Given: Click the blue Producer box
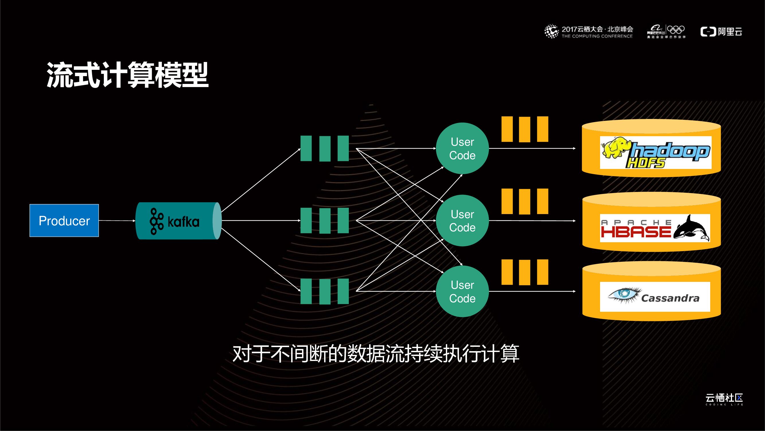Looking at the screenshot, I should tap(64, 220).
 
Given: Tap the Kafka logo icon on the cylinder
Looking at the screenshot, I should tap(157, 221).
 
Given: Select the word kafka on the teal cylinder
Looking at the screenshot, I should tap(183, 222).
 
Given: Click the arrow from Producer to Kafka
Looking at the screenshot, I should tap(117, 221).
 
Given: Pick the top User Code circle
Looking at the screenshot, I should tap(462, 149).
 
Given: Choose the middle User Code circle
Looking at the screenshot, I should tap(462, 221).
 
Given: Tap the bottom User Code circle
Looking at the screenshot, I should tap(462, 291).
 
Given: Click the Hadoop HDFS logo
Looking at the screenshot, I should tap(655, 153).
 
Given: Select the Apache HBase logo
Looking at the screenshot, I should tap(655, 228).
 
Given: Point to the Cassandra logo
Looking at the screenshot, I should tap(655, 297).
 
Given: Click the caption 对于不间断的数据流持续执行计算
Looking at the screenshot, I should tap(376, 354).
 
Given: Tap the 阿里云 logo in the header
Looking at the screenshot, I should tap(721, 32).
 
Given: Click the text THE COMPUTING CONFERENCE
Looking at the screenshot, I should tap(597, 36).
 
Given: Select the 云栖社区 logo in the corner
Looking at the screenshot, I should tap(724, 399).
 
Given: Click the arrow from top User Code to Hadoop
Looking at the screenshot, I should tap(532, 149).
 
